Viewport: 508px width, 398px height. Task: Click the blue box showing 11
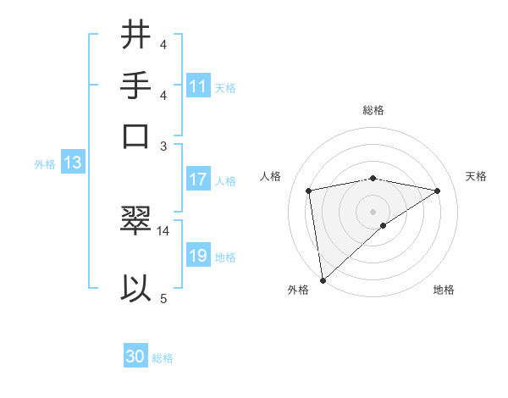[198, 86]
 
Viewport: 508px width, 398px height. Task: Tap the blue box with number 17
[198, 180]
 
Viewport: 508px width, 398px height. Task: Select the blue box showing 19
[198, 257]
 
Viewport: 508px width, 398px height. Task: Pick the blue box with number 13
[72, 163]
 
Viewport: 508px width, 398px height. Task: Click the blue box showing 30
[135, 357]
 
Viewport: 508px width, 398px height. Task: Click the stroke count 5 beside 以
[163, 298]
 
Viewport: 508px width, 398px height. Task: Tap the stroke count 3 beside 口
[163, 145]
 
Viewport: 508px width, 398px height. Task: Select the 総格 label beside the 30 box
[163, 358]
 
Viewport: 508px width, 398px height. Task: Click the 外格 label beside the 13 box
[44, 164]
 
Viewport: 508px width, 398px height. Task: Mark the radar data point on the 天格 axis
[438, 191]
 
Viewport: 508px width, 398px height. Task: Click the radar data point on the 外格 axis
[323, 279]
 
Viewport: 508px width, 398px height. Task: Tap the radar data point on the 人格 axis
[309, 191]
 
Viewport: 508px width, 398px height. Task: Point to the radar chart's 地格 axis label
[444, 290]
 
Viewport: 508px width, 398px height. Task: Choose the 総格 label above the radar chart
[373, 110]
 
